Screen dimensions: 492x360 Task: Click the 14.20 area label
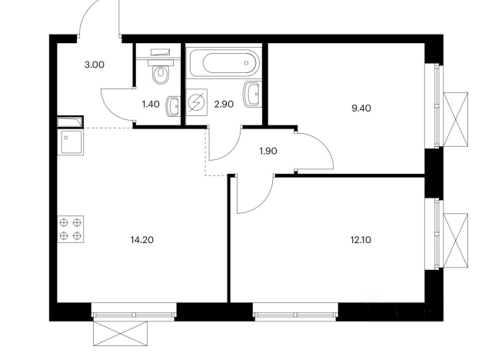(141, 240)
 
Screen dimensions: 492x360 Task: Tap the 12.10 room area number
(361, 240)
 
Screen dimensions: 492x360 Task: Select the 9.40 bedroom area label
(361, 108)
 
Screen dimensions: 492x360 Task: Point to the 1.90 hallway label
(268, 152)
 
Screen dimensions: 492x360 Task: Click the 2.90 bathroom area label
(224, 104)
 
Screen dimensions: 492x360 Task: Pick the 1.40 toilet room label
(151, 104)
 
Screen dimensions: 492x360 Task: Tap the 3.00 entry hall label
(95, 65)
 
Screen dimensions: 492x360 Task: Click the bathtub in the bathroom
(224, 63)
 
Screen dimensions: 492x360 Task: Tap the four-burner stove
(71, 229)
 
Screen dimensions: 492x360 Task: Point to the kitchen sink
(71, 142)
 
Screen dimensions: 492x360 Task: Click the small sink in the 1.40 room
(173, 106)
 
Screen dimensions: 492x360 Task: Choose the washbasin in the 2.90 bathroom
(251, 94)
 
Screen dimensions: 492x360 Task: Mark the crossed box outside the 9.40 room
(456, 119)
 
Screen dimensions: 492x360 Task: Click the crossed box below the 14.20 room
(120, 334)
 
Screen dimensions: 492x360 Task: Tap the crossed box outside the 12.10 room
(456, 241)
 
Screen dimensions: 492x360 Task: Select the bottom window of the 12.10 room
(295, 312)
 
